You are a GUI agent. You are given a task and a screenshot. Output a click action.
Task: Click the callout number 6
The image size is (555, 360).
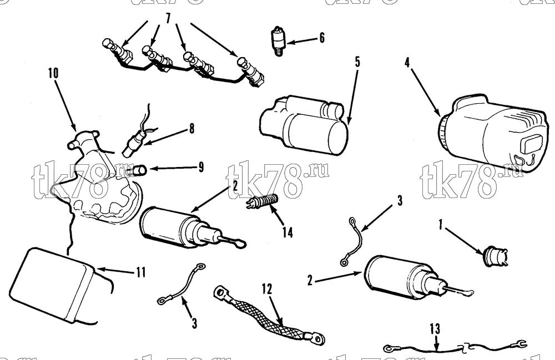click(x=322, y=38)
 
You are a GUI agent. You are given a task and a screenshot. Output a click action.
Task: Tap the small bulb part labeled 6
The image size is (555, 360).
click(x=279, y=41)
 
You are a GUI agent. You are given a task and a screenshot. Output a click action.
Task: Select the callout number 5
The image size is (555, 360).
click(x=357, y=62)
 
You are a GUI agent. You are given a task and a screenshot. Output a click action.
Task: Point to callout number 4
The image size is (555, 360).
click(x=407, y=62)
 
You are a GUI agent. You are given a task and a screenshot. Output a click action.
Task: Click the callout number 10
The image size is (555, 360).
click(x=53, y=73)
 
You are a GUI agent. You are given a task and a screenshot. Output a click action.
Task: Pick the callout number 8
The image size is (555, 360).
click(x=191, y=128)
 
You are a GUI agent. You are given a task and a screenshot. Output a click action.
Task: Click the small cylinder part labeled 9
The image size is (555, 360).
click(x=140, y=170)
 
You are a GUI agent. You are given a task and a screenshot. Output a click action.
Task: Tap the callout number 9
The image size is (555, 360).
click(x=201, y=167)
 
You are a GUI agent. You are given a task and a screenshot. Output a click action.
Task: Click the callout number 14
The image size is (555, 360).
click(x=287, y=232)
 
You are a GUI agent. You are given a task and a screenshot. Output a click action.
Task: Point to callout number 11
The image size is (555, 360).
click(x=141, y=272)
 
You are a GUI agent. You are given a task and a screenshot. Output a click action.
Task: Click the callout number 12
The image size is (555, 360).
click(x=268, y=288)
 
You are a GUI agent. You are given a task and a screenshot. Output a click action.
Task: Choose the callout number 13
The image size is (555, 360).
click(x=435, y=329)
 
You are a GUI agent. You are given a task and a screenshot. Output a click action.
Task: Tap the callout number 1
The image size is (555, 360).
click(x=441, y=225)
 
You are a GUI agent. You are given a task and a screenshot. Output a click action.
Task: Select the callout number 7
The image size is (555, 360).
click(x=168, y=18)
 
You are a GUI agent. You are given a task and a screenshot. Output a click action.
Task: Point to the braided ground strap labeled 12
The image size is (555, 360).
click(x=268, y=315)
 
